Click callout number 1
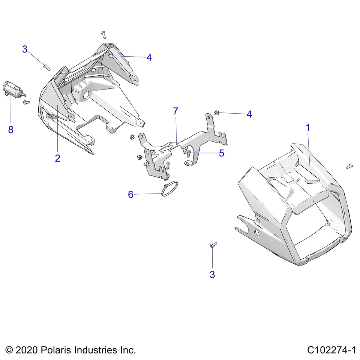click(308, 127)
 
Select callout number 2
click(57, 158)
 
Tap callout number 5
click(221, 153)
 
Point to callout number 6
click(130, 194)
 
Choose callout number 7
click(175, 111)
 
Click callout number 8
click(10, 130)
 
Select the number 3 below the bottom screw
click(212, 274)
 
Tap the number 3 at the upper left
click(25, 49)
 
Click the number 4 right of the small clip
click(249, 114)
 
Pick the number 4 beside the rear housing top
click(149, 57)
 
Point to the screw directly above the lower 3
click(213, 245)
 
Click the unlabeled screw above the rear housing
click(103, 34)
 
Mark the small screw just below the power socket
click(26, 102)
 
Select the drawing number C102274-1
click(331, 350)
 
